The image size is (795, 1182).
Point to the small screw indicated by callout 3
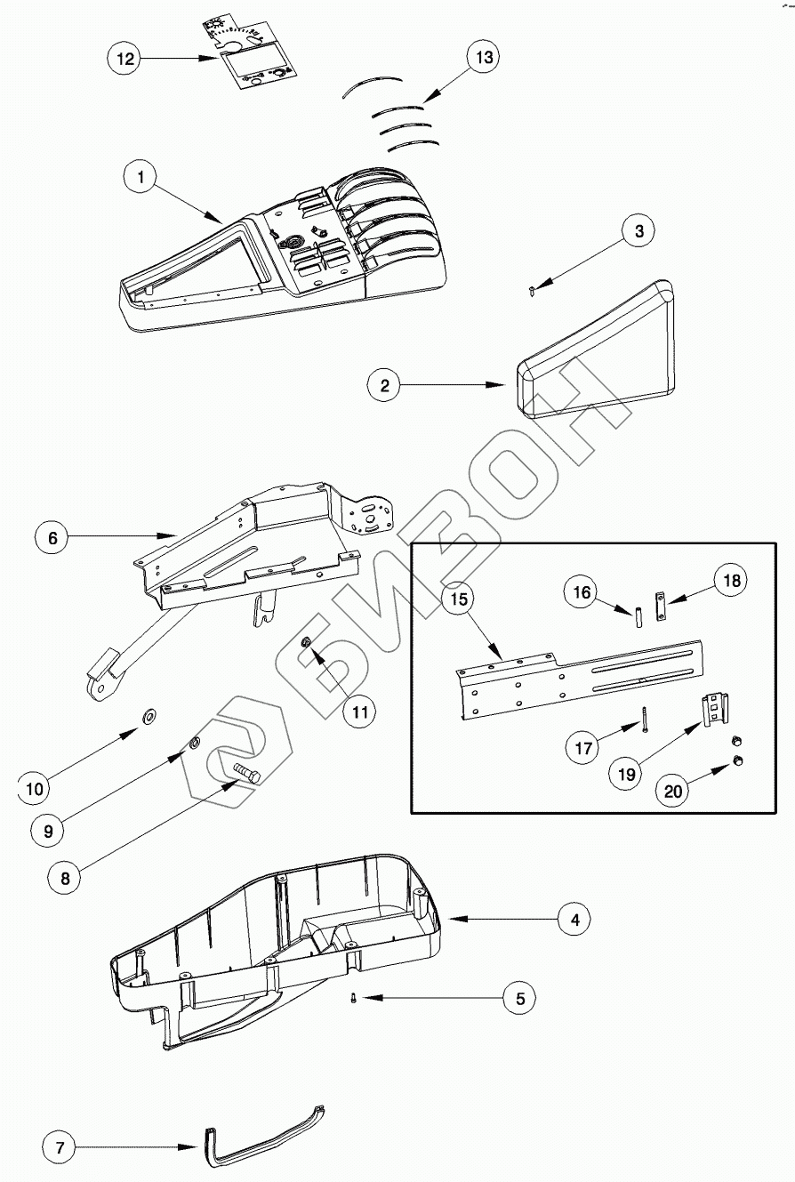coord(531,288)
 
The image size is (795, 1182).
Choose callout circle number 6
coord(52,538)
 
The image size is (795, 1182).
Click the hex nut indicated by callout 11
coord(306,642)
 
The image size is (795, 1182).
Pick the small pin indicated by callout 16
coord(638,615)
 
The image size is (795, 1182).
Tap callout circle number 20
coord(673,790)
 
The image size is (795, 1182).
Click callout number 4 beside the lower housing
coord(574,920)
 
